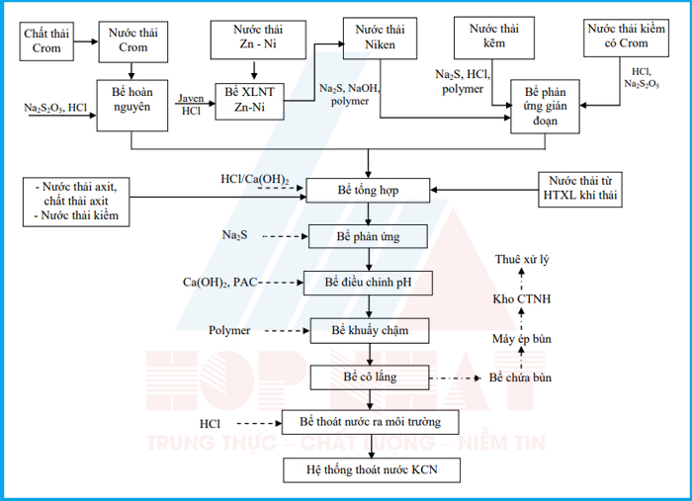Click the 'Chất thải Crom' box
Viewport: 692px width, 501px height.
tap(46, 42)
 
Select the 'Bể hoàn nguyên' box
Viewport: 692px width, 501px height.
tap(131, 106)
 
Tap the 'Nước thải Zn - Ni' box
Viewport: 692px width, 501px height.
tap(258, 40)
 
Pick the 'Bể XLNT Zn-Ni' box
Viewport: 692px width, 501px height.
tap(249, 102)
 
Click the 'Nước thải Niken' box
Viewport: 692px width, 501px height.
tap(380, 39)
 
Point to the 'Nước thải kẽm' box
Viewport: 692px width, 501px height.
tap(494, 38)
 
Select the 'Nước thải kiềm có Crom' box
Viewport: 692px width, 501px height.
tap(626, 38)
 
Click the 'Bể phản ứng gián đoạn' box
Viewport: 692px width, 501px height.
tap(545, 107)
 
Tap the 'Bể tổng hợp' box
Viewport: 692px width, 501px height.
tap(368, 191)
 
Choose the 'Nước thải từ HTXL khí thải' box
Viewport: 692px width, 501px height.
tap(580, 190)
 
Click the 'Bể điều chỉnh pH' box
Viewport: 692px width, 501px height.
tap(368, 283)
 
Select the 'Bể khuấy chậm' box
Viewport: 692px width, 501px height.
tap(370, 331)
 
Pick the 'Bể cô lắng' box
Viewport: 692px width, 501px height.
tap(370, 377)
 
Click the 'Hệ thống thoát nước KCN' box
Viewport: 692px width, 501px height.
tap(372, 470)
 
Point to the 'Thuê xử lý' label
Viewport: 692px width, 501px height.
tap(522, 259)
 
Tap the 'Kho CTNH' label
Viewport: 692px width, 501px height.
tap(522, 299)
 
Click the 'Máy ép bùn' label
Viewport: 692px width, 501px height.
tap(522, 339)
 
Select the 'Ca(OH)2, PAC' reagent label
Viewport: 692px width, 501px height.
tap(219, 283)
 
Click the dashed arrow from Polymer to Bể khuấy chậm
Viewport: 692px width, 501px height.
tap(287, 331)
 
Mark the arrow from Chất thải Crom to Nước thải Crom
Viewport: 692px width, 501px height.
tap(86, 42)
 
